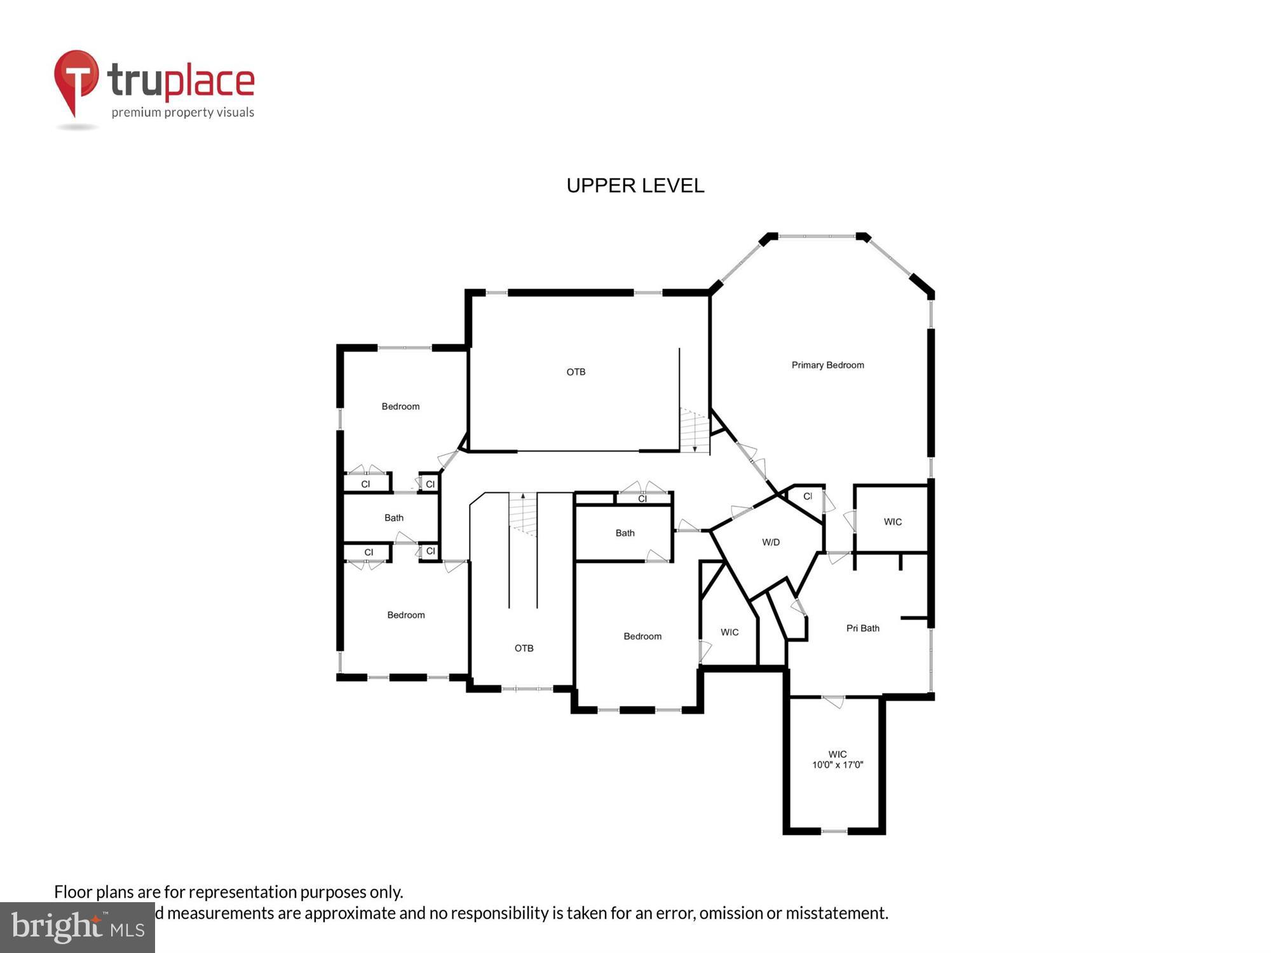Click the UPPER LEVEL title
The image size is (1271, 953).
click(635, 186)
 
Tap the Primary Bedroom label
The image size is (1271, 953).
click(827, 365)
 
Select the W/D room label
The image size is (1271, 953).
click(770, 542)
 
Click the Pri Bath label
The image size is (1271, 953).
click(862, 628)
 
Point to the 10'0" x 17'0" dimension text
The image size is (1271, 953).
click(837, 765)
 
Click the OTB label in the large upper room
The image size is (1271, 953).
click(576, 372)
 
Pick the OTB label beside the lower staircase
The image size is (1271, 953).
click(524, 648)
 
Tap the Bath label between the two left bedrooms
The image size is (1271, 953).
click(393, 518)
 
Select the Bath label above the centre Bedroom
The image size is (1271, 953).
click(625, 533)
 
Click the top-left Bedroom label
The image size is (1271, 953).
click(400, 407)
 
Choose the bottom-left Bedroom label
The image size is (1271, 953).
click(405, 615)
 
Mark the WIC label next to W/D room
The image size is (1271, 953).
click(729, 632)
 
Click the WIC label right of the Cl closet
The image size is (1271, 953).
click(892, 522)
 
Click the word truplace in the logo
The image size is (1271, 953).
click(181, 81)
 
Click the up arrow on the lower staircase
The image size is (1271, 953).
click(523, 496)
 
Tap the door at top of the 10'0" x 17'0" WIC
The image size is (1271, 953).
click(834, 701)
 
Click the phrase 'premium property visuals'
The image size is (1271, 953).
click(183, 113)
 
